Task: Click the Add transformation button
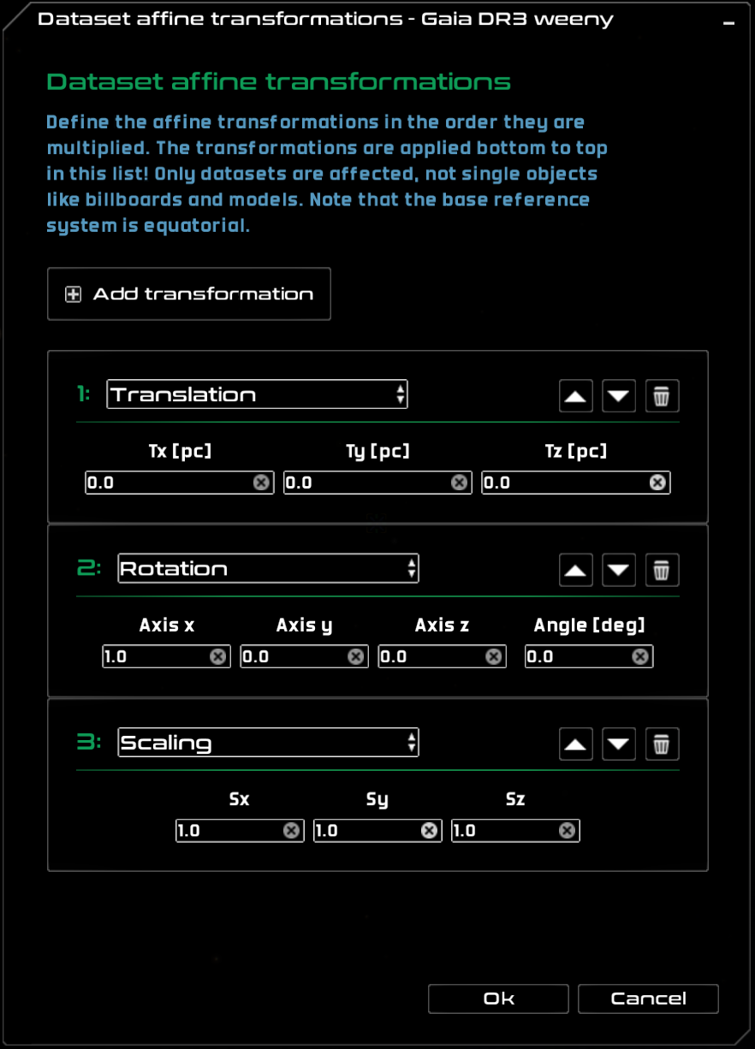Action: click(x=189, y=294)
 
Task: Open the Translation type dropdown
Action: click(x=257, y=394)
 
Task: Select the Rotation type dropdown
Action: click(x=268, y=569)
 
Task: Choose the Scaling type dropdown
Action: click(x=268, y=743)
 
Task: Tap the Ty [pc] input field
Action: click(x=366, y=483)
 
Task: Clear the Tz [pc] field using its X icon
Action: click(x=657, y=483)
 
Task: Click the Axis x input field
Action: click(x=155, y=656)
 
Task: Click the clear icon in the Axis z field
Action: click(x=494, y=656)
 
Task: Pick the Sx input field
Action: click(x=229, y=830)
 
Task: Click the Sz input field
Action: click(x=504, y=830)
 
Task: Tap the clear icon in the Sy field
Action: click(x=429, y=830)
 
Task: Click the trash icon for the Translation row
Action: click(x=662, y=396)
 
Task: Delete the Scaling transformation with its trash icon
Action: click(x=662, y=744)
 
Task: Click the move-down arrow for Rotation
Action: click(x=619, y=570)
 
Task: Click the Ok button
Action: click(x=498, y=999)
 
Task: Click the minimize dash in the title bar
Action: click(x=729, y=24)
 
